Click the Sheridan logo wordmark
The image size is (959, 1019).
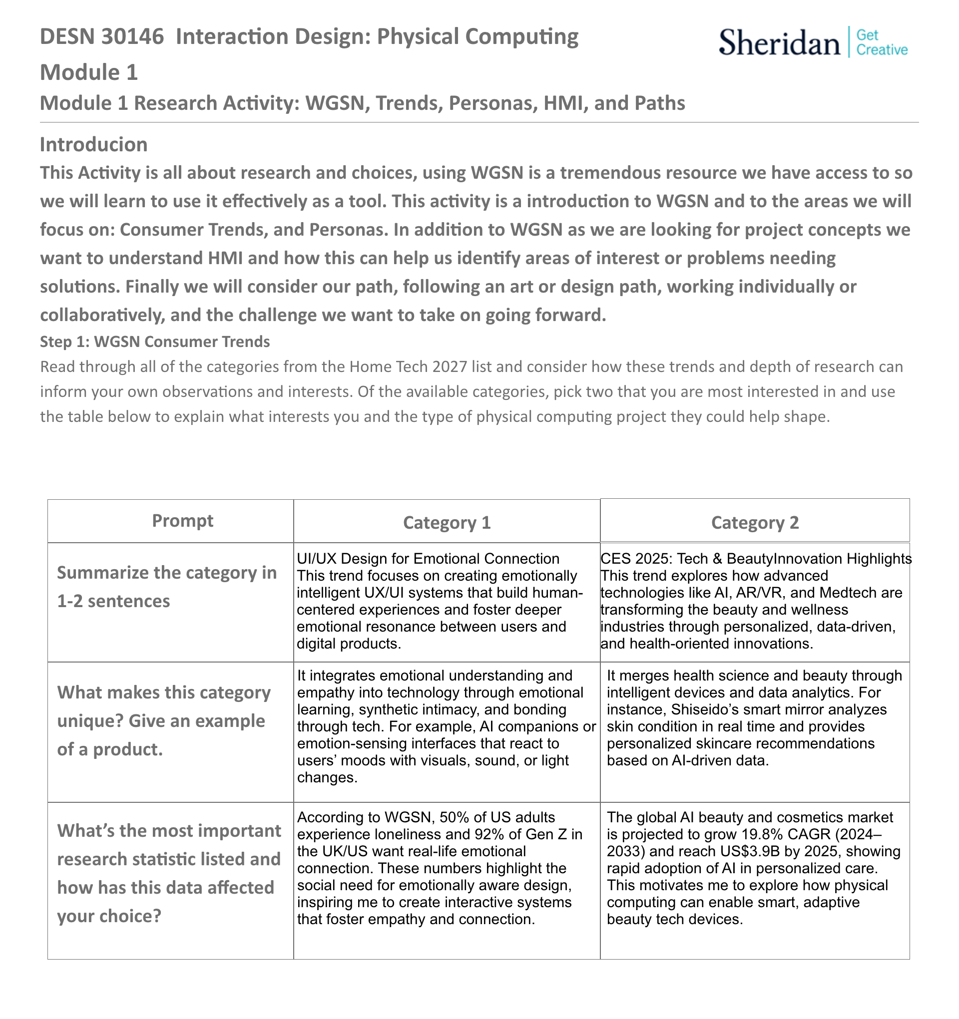coord(779,42)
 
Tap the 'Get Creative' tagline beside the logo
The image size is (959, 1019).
coord(882,42)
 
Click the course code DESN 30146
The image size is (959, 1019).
coord(101,37)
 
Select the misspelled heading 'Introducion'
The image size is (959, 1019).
coord(93,145)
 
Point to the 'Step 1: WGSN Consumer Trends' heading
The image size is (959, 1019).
coord(155,341)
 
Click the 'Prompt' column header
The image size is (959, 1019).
coord(183,521)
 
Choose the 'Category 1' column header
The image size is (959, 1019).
coord(447,522)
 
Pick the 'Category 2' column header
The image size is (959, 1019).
coord(755,522)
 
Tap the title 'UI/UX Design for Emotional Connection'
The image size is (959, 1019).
coord(428,559)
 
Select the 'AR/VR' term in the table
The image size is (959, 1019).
coord(760,593)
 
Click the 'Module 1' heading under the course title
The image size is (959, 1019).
coord(89,72)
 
